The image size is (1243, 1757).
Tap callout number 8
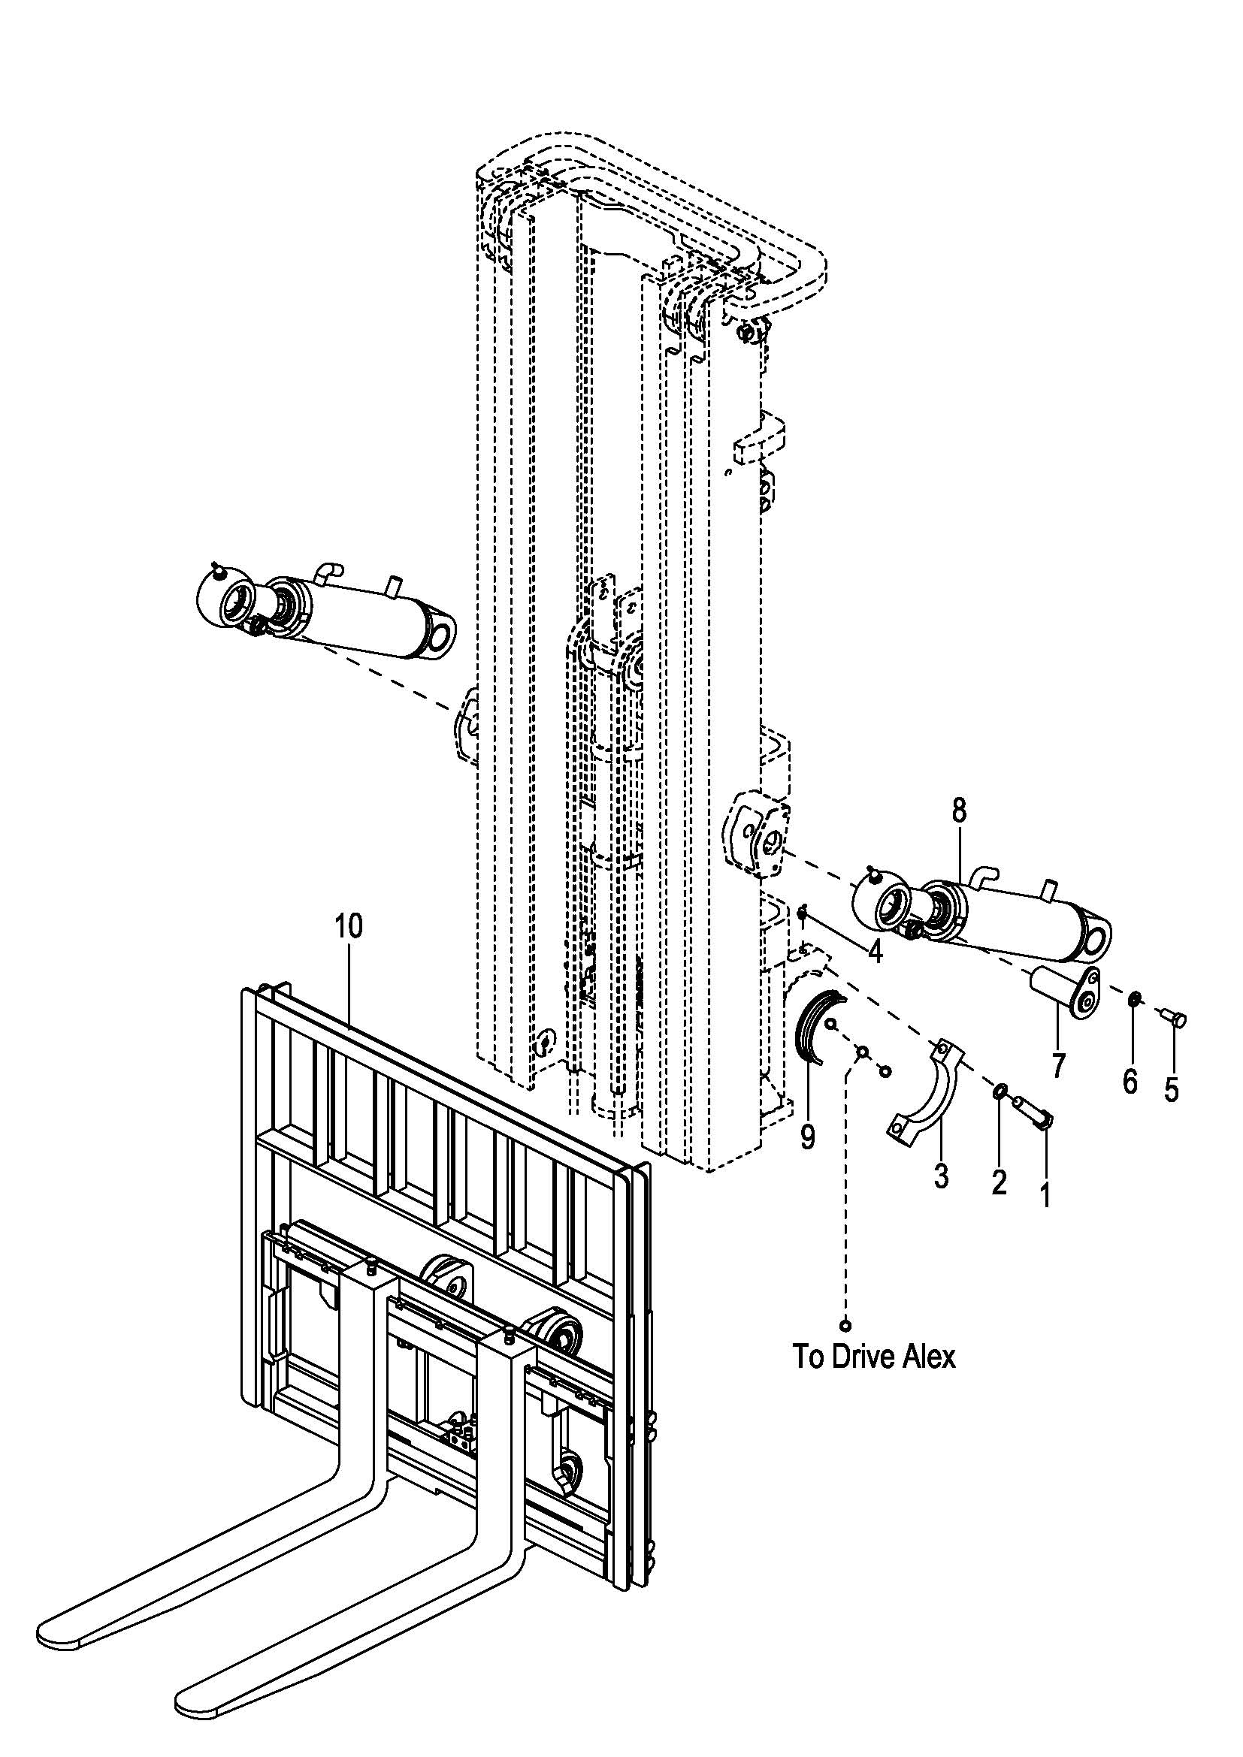[959, 811]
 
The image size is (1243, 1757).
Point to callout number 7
[1058, 1066]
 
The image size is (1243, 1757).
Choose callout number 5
[1171, 1089]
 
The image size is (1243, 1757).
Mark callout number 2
[998, 1182]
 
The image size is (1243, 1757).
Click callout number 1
[1045, 1194]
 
